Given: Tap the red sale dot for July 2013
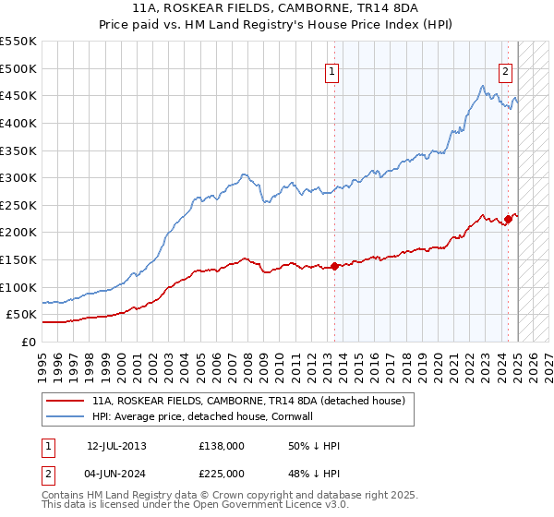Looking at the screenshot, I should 333,266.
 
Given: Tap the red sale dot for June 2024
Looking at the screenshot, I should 508,219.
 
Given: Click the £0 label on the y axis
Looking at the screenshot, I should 28,342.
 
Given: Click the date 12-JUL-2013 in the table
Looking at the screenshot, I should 116,446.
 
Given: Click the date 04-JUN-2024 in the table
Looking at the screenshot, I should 116,476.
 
